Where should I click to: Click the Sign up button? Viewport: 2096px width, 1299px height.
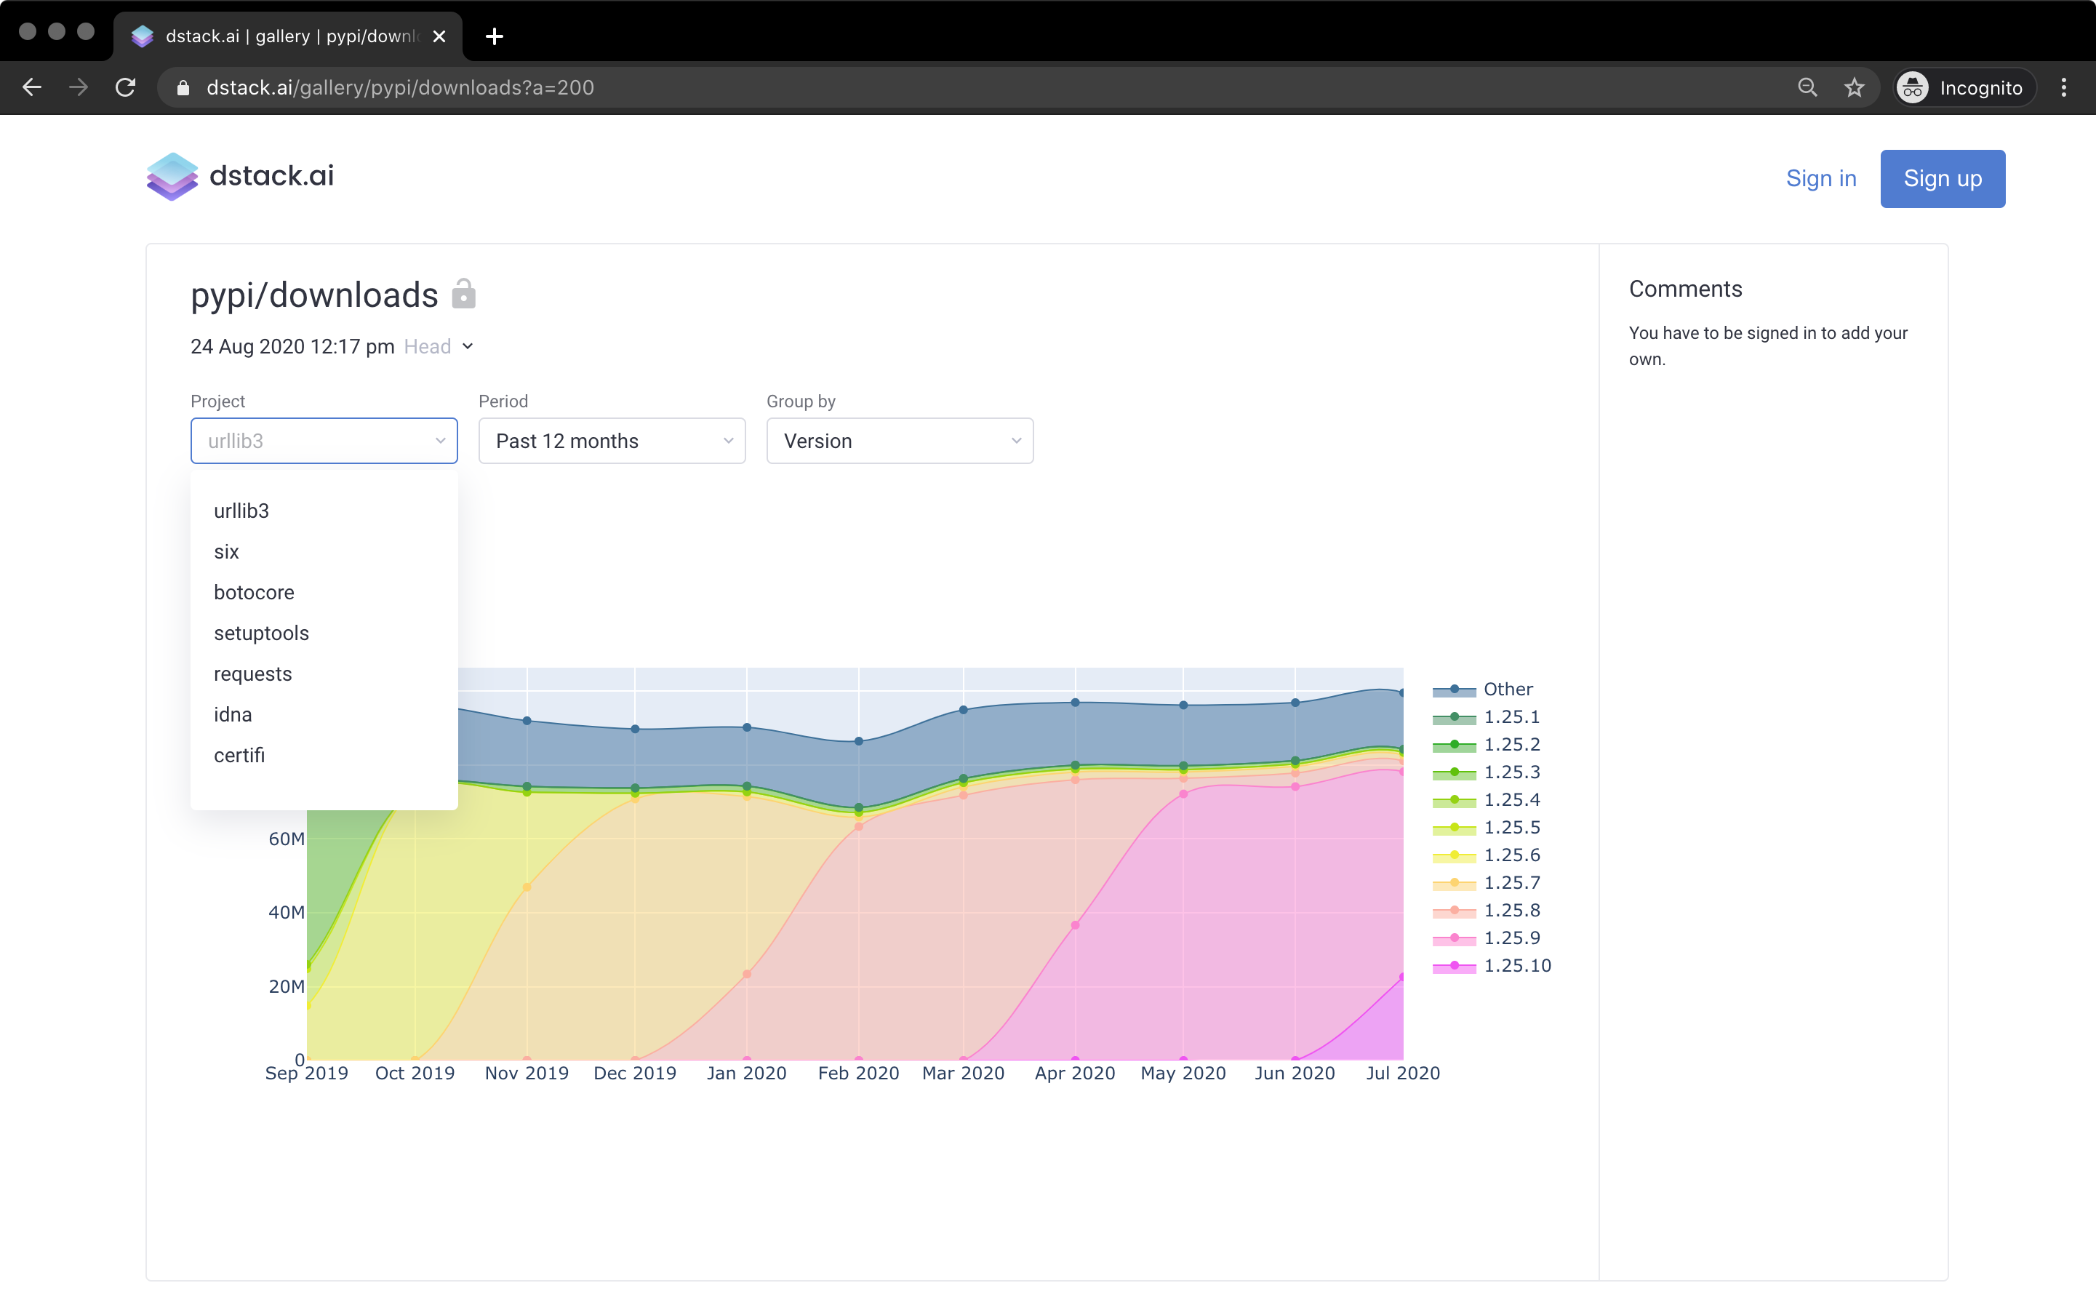(1943, 179)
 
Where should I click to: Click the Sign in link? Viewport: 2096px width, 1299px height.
(1821, 179)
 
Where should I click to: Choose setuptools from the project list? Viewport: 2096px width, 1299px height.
(261, 633)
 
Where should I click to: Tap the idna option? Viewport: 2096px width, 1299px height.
(233, 715)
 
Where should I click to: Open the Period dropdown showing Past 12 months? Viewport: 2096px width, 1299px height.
(612, 441)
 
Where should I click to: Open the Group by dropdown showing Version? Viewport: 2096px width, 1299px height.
(900, 441)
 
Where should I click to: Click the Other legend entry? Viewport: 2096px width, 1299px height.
(1483, 689)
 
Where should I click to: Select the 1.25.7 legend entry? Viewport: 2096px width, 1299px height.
(1486, 882)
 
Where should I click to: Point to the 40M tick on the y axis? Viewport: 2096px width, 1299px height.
(286, 912)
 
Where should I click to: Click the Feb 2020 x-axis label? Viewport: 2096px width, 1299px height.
(858, 1073)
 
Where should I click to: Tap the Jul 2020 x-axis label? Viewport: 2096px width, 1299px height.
(1403, 1073)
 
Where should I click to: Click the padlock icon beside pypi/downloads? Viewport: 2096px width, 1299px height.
(464, 294)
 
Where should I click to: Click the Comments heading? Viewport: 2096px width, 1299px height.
(1685, 289)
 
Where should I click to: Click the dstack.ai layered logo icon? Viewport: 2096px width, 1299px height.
(172, 176)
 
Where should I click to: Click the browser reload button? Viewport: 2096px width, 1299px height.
(125, 87)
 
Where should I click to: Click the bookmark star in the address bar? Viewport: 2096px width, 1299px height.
(1855, 87)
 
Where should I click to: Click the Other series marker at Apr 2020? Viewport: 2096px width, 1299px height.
(1075, 703)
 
